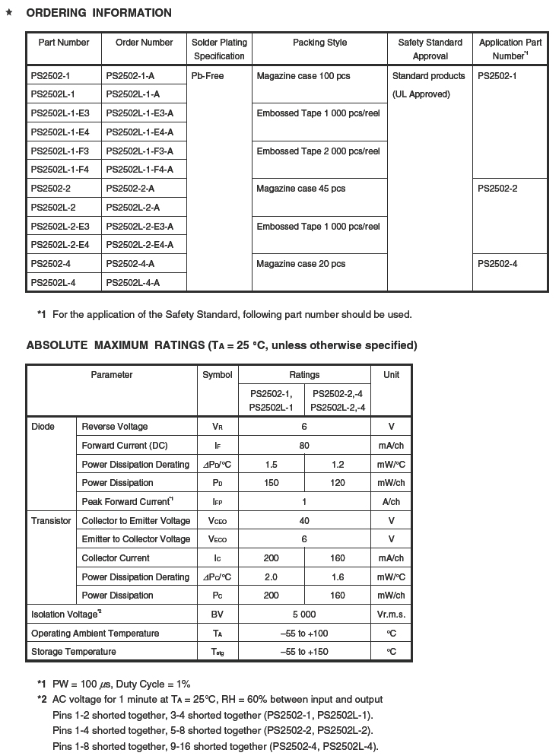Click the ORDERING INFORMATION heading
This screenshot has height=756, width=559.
[99, 13]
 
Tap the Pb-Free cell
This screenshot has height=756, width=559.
[208, 76]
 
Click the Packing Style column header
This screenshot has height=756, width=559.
[319, 43]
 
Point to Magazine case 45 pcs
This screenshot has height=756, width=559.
[300, 189]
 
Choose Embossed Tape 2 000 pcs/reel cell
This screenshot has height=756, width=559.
[318, 151]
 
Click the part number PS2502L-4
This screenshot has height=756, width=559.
[53, 283]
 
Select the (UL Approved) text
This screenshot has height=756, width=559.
[421, 94]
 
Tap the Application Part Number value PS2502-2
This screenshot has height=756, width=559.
[497, 189]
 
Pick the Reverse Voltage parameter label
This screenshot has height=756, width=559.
[115, 427]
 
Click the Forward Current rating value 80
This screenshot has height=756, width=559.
[304, 446]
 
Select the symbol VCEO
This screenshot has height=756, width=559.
[217, 521]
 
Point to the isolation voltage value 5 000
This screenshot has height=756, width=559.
[304, 615]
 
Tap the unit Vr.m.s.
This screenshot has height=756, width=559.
[391, 615]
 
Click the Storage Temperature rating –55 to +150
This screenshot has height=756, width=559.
[304, 652]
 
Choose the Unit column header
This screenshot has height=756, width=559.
[391, 375]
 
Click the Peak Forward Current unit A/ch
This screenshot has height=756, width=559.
[391, 502]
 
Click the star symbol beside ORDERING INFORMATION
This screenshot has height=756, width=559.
[9, 13]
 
